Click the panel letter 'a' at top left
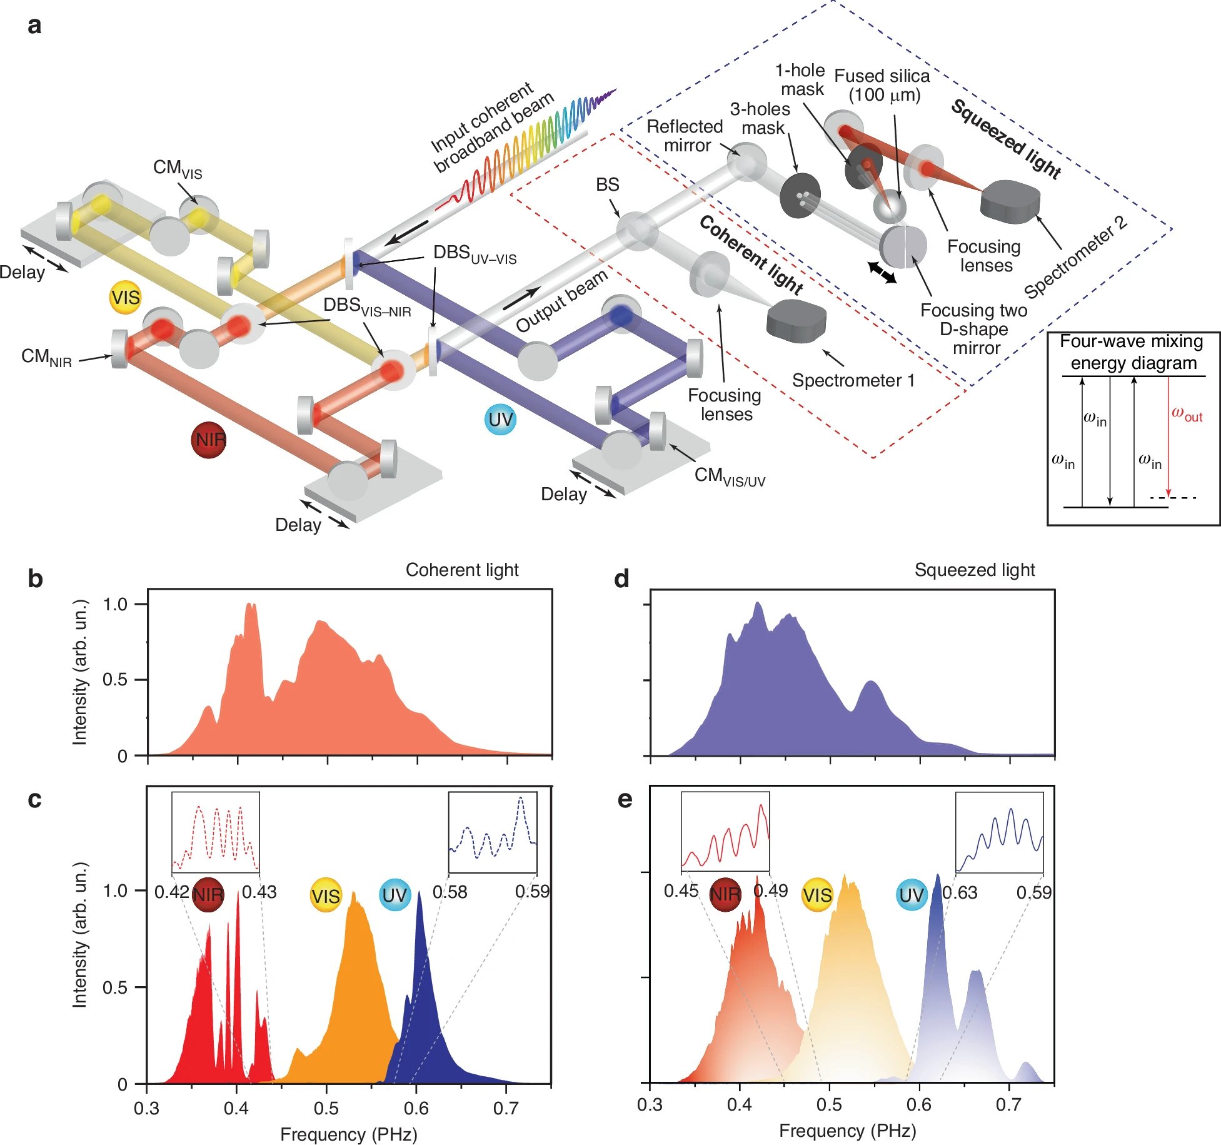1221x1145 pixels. pyautogui.click(x=35, y=26)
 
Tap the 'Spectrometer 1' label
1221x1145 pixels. pyautogui.click(x=853, y=380)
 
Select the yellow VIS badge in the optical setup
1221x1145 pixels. pyautogui.click(x=126, y=297)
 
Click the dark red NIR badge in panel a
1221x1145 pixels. pyautogui.click(x=209, y=440)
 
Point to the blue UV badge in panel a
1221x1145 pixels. pyautogui.click(x=501, y=420)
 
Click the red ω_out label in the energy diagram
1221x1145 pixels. pyautogui.click(x=1187, y=415)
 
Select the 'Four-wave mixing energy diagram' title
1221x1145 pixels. pyautogui.click(x=1132, y=352)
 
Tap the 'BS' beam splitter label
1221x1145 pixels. pyautogui.click(x=607, y=184)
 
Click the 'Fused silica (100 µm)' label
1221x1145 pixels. pyautogui.click(x=882, y=85)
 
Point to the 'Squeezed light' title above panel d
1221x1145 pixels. pyautogui.click(x=974, y=570)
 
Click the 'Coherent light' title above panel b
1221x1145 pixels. pyautogui.click(x=462, y=570)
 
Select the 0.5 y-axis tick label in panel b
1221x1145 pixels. pyautogui.click(x=115, y=680)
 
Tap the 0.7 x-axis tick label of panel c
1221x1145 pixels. pyautogui.click(x=506, y=1108)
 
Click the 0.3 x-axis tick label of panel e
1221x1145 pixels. pyautogui.click(x=650, y=1104)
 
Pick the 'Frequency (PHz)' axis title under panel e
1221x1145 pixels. pyautogui.click(x=847, y=1130)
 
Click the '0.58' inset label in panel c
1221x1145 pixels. pyautogui.click(x=450, y=892)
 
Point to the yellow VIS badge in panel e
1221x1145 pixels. pyautogui.click(x=817, y=895)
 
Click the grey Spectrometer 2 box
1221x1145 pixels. pyautogui.click(x=1010, y=201)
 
